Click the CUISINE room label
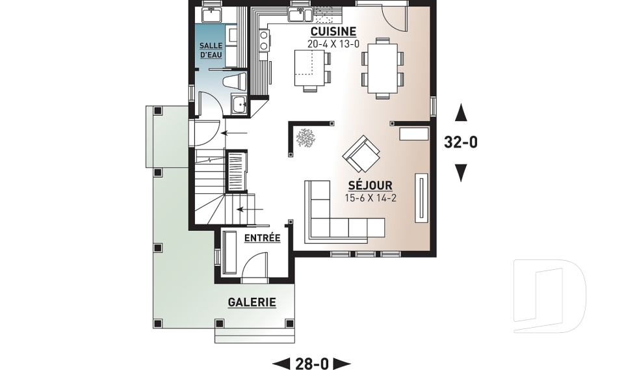pyautogui.click(x=333, y=31)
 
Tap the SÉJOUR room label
pyautogui.click(x=370, y=185)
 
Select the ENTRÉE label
pyautogui.click(x=262, y=238)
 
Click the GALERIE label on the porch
pyautogui.click(x=252, y=302)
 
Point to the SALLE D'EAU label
pyautogui.click(x=211, y=51)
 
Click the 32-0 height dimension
pyautogui.click(x=460, y=142)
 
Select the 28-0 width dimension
pyautogui.click(x=312, y=363)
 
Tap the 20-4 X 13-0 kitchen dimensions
pyautogui.click(x=333, y=44)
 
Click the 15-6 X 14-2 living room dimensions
pyautogui.click(x=370, y=198)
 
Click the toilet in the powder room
pyautogui.click(x=235, y=82)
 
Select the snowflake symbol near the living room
pyautogui.click(x=305, y=138)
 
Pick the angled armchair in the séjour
pyautogui.click(x=361, y=154)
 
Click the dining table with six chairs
pyautogui.click(x=382, y=68)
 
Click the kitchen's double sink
pyautogui.click(x=301, y=15)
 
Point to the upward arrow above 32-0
pyautogui.click(x=461, y=112)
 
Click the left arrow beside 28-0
pyautogui.click(x=281, y=363)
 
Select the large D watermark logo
pyautogui.click(x=549, y=296)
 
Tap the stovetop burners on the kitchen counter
pyautogui.click(x=263, y=40)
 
